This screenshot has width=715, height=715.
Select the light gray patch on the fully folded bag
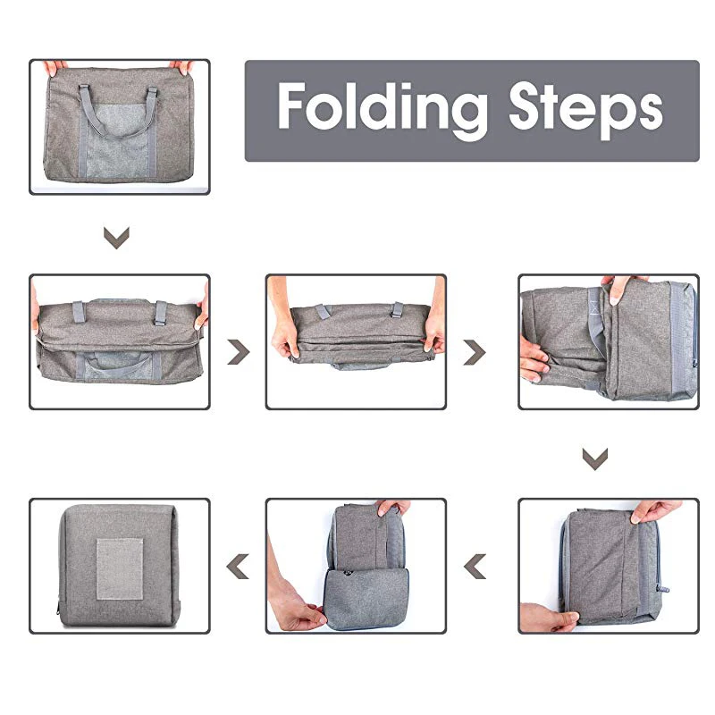[x=120, y=569]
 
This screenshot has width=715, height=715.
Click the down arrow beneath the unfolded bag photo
[x=116, y=238]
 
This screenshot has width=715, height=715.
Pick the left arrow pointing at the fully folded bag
[x=238, y=567]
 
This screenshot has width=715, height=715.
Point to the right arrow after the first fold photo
[x=239, y=352]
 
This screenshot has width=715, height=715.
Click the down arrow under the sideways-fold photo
[x=595, y=458]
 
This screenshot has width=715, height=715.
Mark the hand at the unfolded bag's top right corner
[x=181, y=68]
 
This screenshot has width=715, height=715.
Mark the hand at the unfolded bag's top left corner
[x=55, y=67]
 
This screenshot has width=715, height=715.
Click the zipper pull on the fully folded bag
[x=58, y=609]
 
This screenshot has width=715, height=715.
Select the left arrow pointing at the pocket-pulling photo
[x=475, y=567]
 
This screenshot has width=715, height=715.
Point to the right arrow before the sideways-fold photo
[x=475, y=352]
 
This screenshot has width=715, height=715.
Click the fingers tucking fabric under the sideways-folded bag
[x=534, y=359]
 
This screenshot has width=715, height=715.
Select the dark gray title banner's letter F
[x=292, y=106]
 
